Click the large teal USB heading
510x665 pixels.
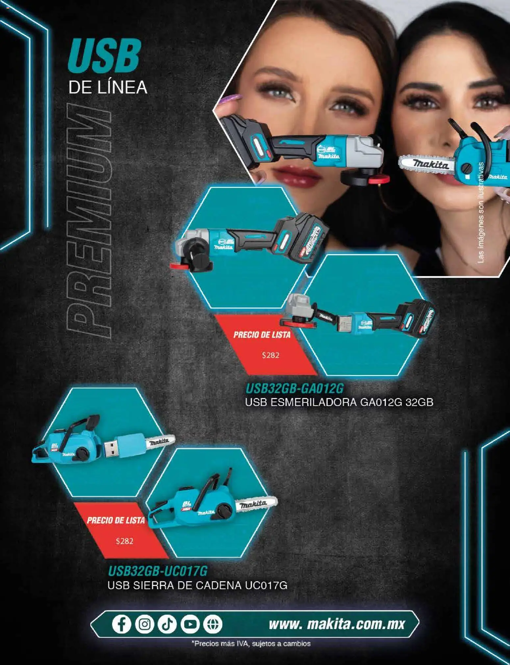click(x=104, y=56)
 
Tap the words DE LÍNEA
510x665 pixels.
click(x=108, y=88)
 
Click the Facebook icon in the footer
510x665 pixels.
click(x=121, y=624)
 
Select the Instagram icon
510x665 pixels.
click(x=144, y=624)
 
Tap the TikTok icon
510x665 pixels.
click(x=167, y=624)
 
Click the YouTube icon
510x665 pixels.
click(x=190, y=624)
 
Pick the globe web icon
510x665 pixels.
click(x=213, y=624)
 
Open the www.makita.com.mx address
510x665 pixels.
click(x=336, y=624)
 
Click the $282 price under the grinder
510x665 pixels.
click(x=270, y=355)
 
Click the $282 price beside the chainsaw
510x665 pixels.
click(x=124, y=541)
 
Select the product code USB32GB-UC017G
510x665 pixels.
click(x=158, y=570)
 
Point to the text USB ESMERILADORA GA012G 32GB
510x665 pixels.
click(x=339, y=402)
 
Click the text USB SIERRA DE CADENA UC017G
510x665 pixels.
click(x=197, y=585)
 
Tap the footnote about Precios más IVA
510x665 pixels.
click(x=251, y=643)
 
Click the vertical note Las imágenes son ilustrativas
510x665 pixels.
click(x=481, y=213)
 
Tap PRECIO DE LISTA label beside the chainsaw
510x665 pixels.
click(x=115, y=520)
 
